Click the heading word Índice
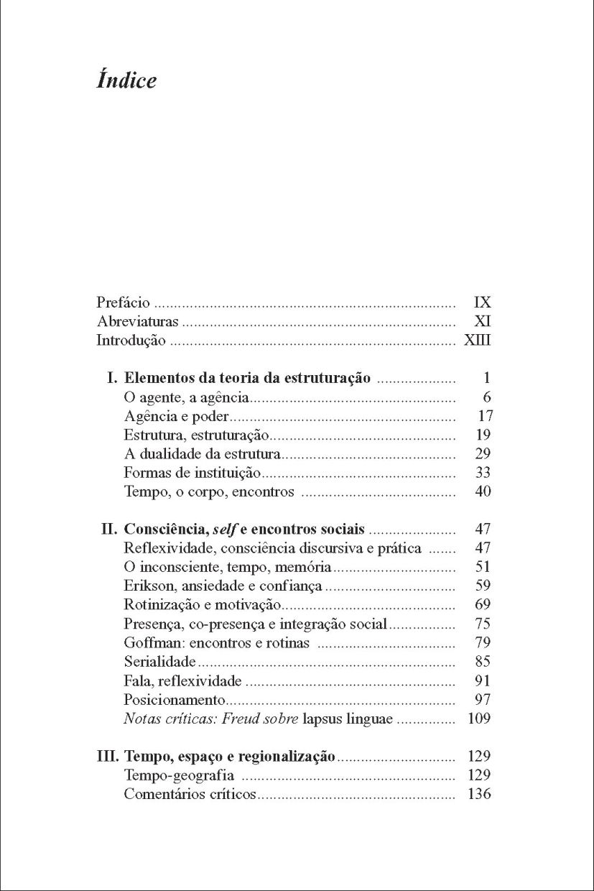(x=126, y=80)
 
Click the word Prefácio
(x=123, y=303)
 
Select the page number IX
(x=483, y=303)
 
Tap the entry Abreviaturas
(x=138, y=322)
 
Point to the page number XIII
(x=478, y=341)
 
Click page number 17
(x=484, y=416)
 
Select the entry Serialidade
(x=159, y=662)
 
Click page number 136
(x=479, y=794)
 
